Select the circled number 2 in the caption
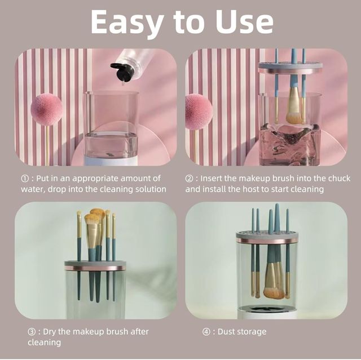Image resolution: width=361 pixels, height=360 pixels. tap(189, 179)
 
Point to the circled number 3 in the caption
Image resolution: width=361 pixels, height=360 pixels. tap(32, 331)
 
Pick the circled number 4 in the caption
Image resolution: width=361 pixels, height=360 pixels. tap(206, 331)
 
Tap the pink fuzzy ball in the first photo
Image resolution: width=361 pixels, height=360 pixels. tap(46, 109)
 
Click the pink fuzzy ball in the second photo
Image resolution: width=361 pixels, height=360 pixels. tap(198, 111)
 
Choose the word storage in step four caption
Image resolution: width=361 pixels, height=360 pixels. tap(251, 331)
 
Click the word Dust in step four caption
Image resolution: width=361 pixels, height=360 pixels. tap(227, 331)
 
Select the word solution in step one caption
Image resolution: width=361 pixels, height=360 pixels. tap(149, 189)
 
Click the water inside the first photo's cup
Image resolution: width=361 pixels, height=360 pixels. tap(111, 145)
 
